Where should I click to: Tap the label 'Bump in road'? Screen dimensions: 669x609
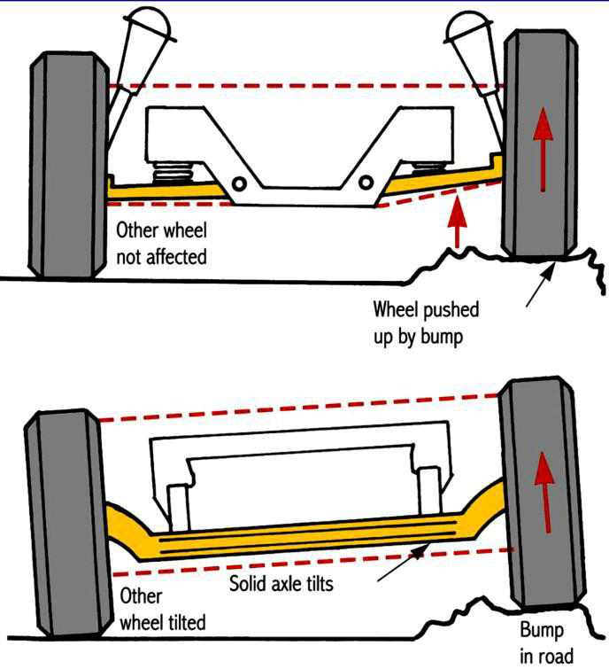pos(542,642)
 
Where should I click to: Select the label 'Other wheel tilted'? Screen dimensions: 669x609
pos(162,609)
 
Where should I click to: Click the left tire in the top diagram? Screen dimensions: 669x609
pos(67,163)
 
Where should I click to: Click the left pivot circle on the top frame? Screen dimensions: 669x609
pos(238,183)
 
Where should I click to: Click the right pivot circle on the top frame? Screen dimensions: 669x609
pos(366,183)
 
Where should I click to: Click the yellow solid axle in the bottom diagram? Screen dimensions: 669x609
pos(301,537)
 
